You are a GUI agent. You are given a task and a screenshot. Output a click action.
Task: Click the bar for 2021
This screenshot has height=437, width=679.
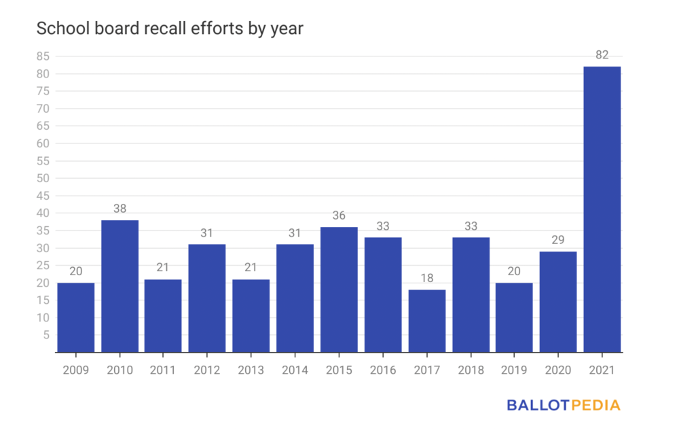(x=602, y=209)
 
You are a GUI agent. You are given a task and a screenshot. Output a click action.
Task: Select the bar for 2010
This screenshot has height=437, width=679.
(x=120, y=286)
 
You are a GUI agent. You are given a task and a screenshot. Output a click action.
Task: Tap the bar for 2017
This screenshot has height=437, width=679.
(x=426, y=321)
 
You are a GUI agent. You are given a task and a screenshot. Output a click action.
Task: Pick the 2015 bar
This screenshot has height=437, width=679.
(x=339, y=290)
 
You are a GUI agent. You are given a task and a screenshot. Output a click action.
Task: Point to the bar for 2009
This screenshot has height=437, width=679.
(x=76, y=317)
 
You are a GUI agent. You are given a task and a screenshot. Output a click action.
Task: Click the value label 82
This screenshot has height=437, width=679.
(x=602, y=55)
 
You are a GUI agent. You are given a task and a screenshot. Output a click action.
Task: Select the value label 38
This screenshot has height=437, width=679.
(x=120, y=209)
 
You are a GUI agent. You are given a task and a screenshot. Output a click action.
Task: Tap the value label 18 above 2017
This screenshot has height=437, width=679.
(x=426, y=278)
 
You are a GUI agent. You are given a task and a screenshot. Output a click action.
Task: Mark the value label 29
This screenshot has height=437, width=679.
(x=558, y=240)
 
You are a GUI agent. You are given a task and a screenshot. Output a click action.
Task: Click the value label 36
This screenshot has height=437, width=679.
(x=339, y=215)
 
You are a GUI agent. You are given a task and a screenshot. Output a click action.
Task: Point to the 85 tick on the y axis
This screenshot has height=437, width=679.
(x=43, y=56)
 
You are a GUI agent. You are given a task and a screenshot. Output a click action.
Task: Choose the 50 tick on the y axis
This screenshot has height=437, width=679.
(x=43, y=178)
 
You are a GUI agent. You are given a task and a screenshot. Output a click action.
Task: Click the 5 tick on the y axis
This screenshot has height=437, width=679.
(x=46, y=334)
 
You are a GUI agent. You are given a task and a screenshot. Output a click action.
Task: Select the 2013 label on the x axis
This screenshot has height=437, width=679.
(x=251, y=370)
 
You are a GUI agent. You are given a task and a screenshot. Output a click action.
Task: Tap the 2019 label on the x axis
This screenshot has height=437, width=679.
(x=514, y=370)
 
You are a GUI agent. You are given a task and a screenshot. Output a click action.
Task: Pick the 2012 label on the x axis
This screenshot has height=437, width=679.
(x=207, y=370)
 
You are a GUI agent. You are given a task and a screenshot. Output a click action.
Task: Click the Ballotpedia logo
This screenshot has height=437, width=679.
(x=564, y=405)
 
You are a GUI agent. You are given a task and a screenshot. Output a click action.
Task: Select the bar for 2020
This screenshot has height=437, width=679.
(x=558, y=302)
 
